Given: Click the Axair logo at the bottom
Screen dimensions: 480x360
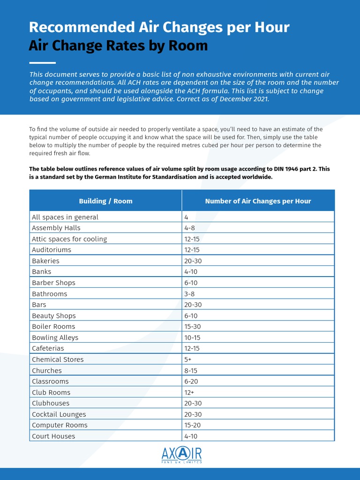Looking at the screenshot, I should click(181, 455).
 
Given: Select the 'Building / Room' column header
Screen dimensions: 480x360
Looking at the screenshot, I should click(105, 201).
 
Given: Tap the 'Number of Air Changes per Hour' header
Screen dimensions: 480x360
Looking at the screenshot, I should click(258, 201).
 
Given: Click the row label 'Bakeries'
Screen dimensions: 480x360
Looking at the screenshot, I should click(45, 261).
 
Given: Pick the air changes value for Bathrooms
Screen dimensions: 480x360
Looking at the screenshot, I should click(189, 294).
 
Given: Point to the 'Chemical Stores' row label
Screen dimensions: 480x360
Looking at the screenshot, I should click(58, 360).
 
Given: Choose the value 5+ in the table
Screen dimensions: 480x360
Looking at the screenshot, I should click(188, 360).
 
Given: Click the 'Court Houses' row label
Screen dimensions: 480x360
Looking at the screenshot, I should click(53, 436).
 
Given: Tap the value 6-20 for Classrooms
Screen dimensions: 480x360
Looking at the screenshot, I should click(191, 382).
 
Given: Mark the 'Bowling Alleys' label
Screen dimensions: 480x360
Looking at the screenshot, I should click(55, 337).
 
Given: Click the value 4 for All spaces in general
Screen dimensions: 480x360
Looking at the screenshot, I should click(187, 217).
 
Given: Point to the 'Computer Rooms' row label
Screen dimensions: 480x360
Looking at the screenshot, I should click(60, 425).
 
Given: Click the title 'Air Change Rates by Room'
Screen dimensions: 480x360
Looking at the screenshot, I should click(118, 45).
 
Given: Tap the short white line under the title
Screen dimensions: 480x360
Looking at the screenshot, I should click(42, 63).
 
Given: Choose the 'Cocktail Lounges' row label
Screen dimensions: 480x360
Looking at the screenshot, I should click(59, 414).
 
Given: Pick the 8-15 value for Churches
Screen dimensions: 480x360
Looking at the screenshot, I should click(191, 370).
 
